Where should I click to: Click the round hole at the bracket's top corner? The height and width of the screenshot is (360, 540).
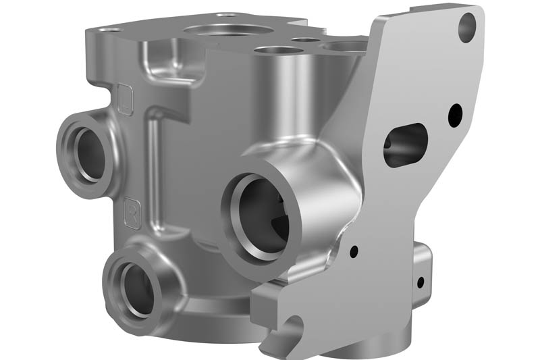click(466, 28)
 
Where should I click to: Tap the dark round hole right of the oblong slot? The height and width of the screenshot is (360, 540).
click(455, 113)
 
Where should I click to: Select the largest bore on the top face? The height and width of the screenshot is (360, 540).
click(226, 30)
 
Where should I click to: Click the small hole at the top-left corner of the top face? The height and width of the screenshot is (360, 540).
click(111, 30)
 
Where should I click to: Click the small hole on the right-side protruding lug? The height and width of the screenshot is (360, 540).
click(420, 281)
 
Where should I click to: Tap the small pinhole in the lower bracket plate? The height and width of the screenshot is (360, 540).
click(353, 253)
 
